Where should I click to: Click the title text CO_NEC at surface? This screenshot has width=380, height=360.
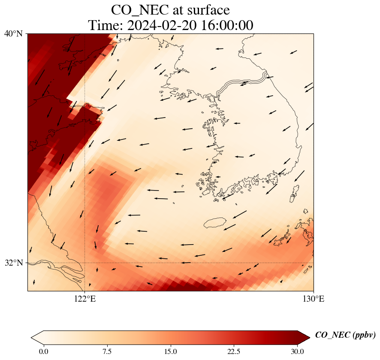[x=170, y=9]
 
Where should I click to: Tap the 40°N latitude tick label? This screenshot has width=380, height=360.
[x=13, y=33]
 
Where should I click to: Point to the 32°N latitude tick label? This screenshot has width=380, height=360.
[x=13, y=263]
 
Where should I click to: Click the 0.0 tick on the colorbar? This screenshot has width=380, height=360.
[x=43, y=352]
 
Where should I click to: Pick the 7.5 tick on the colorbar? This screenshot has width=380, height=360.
[x=107, y=352]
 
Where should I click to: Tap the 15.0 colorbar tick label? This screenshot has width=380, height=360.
[x=170, y=352]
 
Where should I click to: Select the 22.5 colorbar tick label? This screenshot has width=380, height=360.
[x=234, y=352]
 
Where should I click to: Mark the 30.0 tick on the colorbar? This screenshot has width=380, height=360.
[x=297, y=352]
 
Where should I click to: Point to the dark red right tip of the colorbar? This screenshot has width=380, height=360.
[x=304, y=337]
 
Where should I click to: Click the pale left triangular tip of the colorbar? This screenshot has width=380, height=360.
[x=37, y=337]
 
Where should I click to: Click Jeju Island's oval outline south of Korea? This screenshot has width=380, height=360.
[x=215, y=223]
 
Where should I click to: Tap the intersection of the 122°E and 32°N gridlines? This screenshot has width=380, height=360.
[x=85, y=263]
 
